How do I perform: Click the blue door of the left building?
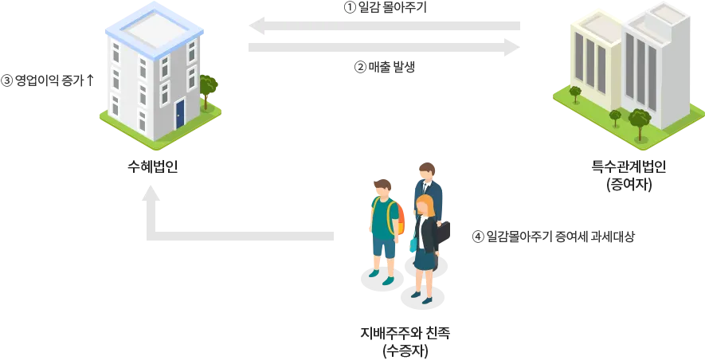[180, 113]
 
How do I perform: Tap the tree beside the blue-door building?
[209, 87]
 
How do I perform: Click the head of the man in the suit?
[426, 172]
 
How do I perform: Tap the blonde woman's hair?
[426, 206]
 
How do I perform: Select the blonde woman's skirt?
[425, 259]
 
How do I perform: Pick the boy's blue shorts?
[383, 248]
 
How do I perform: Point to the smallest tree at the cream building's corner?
[615, 117]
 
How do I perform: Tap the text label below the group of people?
[405, 338]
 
